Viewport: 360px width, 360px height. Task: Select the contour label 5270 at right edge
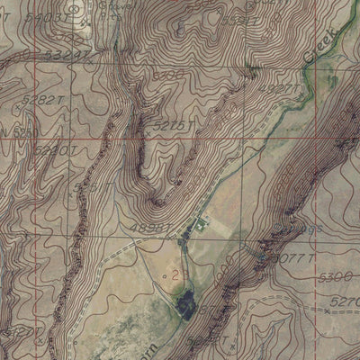(x=346, y=302)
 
